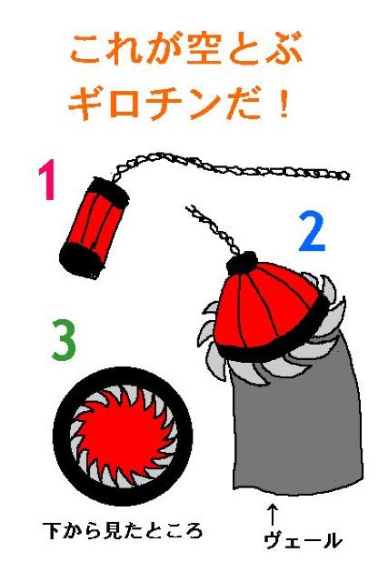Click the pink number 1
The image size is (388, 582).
(x=47, y=180)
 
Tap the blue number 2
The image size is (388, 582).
(x=312, y=232)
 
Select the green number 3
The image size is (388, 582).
(x=64, y=340)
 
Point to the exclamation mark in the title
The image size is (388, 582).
(x=284, y=104)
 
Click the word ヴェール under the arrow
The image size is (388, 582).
(x=303, y=540)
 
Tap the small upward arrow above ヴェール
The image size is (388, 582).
(x=273, y=514)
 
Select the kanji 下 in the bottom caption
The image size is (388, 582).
(x=51, y=530)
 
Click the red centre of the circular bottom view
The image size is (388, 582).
(x=124, y=435)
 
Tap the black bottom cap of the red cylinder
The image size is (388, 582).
(x=80, y=260)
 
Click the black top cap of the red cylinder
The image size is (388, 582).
(x=111, y=192)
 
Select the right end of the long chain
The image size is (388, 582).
(x=346, y=176)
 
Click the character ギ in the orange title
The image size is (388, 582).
(x=85, y=103)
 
